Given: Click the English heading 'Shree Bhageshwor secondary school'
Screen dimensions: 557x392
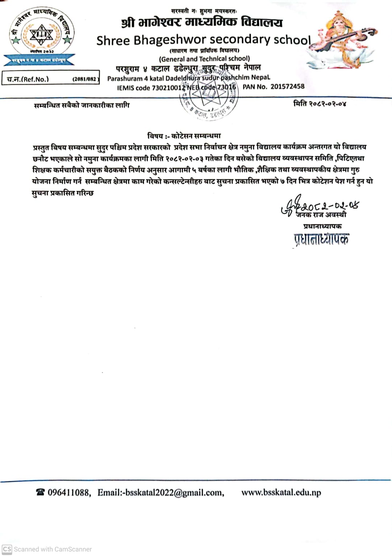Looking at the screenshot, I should pyautogui.click(x=204, y=40).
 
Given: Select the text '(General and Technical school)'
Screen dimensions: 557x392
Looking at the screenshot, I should pyautogui.click(x=204, y=59).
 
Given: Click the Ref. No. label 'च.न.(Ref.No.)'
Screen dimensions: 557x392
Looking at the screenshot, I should pyautogui.click(x=28, y=79).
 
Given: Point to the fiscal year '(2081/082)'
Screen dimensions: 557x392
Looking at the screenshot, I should pyautogui.click(x=86, y=79).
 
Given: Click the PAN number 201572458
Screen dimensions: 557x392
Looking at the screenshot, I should pyautogui.click(x=288, y=86).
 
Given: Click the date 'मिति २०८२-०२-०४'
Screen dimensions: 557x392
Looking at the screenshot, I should pyautogui.click(x=320, y=104).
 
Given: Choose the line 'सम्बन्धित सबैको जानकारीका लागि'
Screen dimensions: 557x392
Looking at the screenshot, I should pyautogui.click(x=82, y=105).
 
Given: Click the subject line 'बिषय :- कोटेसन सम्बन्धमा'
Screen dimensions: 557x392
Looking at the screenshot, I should pyautogui.click(x=184, y=136).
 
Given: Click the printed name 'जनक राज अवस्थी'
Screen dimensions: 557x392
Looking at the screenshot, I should pyautogui.click(x=321, y=215).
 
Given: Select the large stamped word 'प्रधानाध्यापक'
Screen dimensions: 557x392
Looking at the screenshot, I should pyautogui.click(x=321, y=239).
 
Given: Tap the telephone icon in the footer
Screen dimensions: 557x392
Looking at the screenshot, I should pyautogui.click(x=40, y=492).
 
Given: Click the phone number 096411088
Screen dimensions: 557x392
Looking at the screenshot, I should pyautogui.click(x=69, y=493).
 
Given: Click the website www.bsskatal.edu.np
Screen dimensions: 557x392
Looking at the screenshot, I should pyautogui.click(x=281, y=493).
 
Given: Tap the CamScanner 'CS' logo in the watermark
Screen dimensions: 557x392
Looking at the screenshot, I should pyautogui.click(x=7, y=549).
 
